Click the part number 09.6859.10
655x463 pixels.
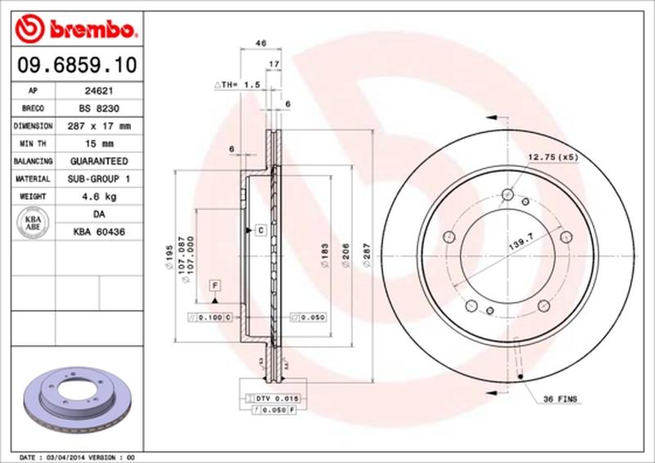click(x=73, y=64)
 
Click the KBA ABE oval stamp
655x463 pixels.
click(x=34, y=223)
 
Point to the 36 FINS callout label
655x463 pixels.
click(x=561, y=398)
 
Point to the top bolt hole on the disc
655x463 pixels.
click(x=507, y=195)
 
